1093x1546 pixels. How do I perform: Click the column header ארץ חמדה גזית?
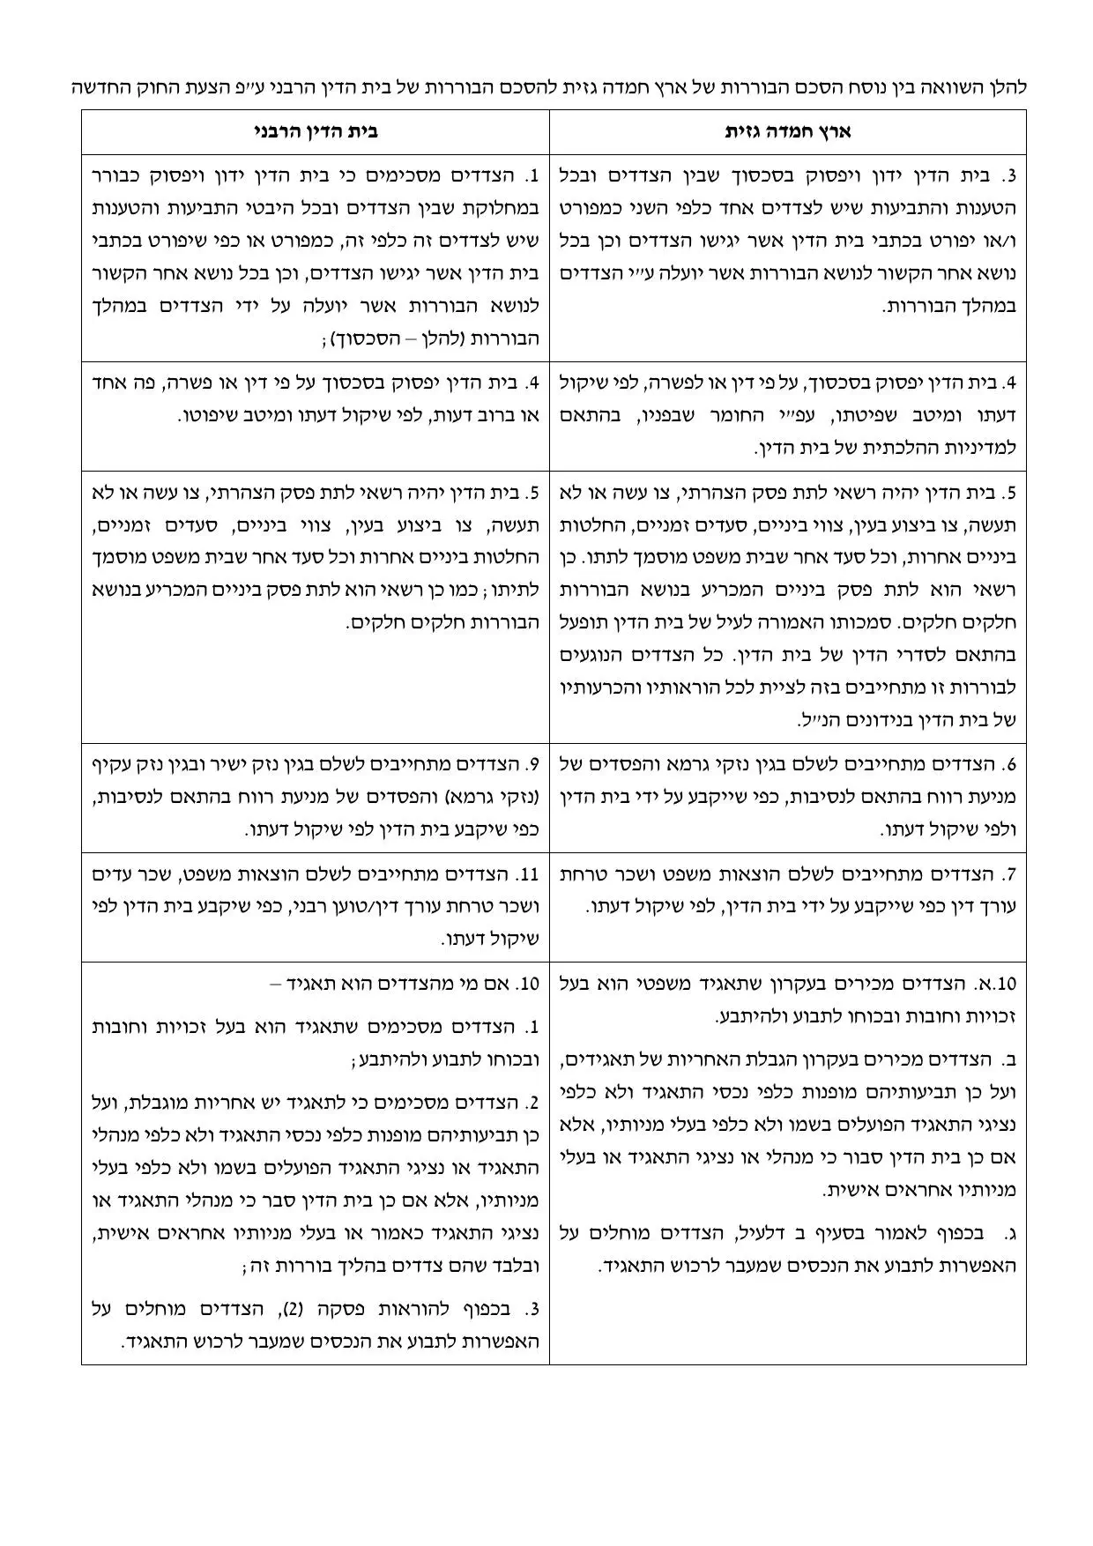[788, 132]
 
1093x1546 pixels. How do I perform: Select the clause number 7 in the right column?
[1010, 874]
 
